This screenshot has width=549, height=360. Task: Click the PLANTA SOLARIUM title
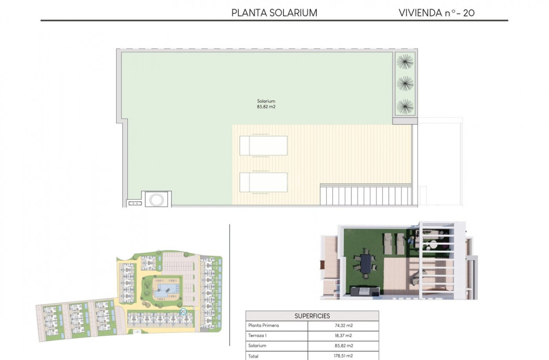274,13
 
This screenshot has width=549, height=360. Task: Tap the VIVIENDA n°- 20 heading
437,13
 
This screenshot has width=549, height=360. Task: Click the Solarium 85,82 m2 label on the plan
266,104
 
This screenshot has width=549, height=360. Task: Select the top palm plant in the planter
405,62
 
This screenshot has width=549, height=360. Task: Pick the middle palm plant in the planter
405,84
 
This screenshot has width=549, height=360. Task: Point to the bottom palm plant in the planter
405,106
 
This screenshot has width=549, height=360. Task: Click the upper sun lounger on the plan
263,145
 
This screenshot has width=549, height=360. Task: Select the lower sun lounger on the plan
263,182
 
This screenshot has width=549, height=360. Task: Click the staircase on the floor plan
366,196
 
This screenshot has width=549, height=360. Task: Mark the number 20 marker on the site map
183,311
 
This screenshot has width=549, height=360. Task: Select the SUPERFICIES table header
312,316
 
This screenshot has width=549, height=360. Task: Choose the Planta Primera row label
263,326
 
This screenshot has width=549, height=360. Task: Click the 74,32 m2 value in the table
343,326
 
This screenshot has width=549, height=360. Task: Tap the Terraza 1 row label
257,336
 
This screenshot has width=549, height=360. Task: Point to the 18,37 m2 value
343,336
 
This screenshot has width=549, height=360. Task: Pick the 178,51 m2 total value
343,356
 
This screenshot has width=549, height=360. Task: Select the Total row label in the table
253,356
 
